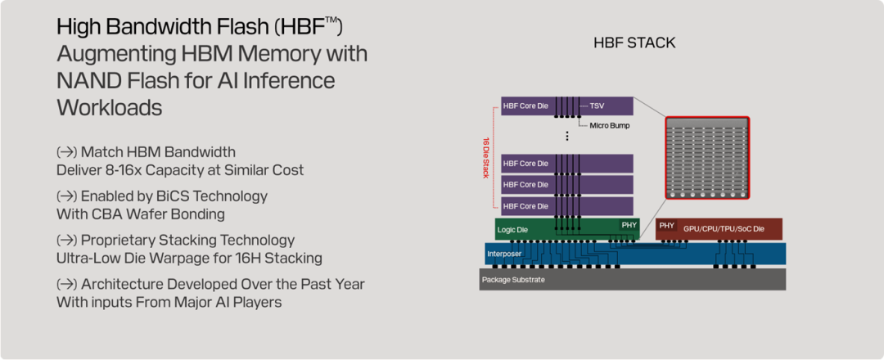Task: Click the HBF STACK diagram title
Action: point(634,43)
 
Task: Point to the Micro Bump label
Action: point(610,125)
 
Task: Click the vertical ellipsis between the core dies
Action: point(566,136)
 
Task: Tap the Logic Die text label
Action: point(513,230)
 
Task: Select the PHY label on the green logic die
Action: point(628,224)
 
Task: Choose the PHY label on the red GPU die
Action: point(667,225)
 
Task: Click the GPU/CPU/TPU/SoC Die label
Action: point(724,229)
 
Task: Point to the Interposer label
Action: point(504,254)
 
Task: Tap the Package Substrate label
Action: point(512,280)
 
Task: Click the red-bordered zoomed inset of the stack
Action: point(706,158)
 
